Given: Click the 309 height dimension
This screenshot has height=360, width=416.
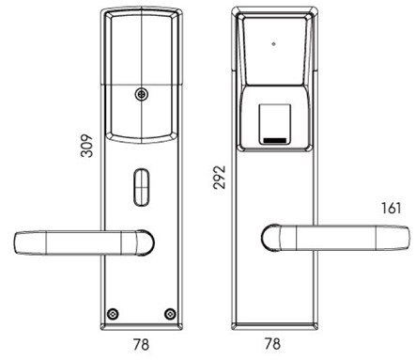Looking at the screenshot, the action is coord(86,146).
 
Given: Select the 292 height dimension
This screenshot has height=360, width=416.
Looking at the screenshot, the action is coord(219,178).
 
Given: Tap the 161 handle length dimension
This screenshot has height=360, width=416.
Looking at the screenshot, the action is coord(391,208).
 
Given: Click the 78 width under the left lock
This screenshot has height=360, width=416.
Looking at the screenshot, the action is coord(141,344).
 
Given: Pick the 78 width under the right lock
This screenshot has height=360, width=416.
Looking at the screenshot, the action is coord(272,344).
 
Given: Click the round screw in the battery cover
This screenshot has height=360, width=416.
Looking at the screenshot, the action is coord(142,94).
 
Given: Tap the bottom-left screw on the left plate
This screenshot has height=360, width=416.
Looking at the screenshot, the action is coord(113,314).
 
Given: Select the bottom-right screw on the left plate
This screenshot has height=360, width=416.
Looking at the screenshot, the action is coord(170,314).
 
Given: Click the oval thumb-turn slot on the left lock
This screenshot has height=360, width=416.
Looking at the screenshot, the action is coord(142,187).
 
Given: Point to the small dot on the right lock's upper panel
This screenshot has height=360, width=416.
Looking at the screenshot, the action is coord(273,44).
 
